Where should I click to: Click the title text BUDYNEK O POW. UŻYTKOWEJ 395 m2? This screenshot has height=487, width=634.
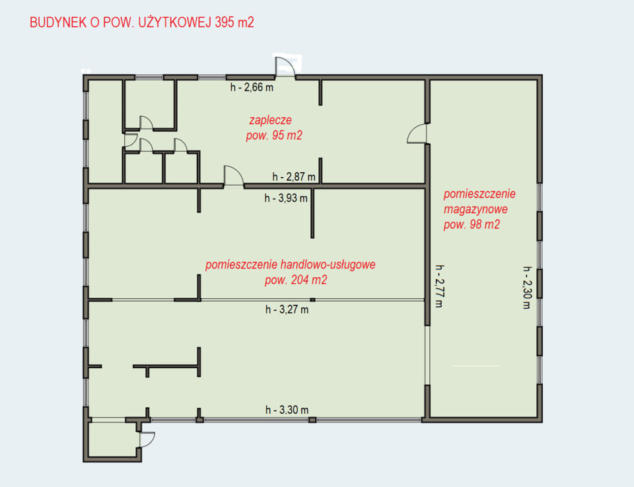(142, 22)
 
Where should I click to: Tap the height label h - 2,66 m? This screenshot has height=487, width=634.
(252, 87)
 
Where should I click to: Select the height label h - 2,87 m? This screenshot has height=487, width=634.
(294, 177)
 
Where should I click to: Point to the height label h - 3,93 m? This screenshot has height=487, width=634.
(286, 199)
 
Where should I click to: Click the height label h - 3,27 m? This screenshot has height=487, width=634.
(287, 309)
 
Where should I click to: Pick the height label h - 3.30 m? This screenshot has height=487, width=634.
(287, 410)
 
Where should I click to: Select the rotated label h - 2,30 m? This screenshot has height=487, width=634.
(527, 288)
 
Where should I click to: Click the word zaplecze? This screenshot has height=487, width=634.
(271, 121)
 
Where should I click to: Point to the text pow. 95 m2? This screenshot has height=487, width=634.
(274, 135)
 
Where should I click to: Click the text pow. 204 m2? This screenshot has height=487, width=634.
(296, 280)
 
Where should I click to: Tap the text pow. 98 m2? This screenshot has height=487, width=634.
(472, 224)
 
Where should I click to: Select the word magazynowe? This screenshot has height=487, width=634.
(475, 209)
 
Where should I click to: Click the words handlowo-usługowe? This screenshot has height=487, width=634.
(328, 265)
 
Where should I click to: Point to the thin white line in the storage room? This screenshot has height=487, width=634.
(475, 366)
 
